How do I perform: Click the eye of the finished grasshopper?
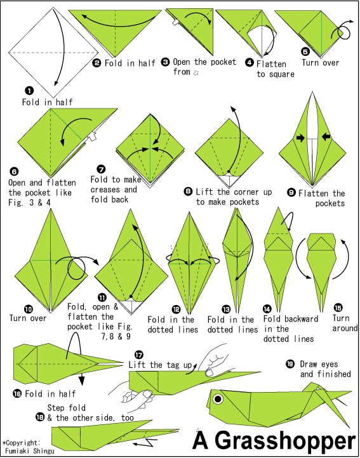tap(218, 399)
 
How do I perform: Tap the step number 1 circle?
tap(29, 91)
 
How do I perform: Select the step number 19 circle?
tap(290, 364)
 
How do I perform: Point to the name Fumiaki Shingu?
tap(30, 450)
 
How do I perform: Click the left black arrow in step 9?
tap(300, 138)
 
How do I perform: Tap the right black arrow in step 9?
tap(326, 136)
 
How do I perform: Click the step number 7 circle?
tap(101, 169)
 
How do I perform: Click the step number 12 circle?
tap(176, 310)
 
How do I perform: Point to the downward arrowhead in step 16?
tap(81, 381)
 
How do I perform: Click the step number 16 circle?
tap(17, 393)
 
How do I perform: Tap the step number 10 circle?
tap(29, 308)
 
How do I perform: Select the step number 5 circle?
tap(305, 51)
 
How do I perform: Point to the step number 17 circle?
tap(139, 355)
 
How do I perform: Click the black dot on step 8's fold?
tap(229, 171)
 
